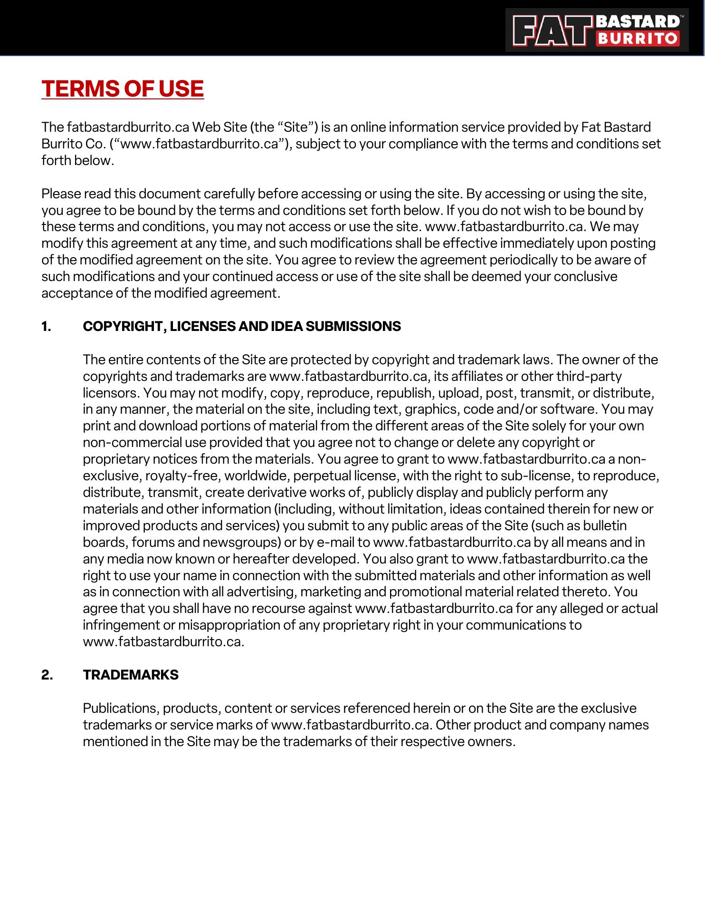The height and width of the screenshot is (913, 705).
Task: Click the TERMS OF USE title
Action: [x=123, y=89]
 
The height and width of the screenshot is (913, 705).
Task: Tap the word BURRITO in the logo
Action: [x=638, y=38]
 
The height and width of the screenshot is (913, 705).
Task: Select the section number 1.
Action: [x=46, y=326]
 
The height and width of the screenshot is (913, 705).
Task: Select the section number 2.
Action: [x=47, y=675]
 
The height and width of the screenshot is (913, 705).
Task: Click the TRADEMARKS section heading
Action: [x=131, y=675]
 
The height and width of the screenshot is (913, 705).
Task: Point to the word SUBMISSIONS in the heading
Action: [x=353, y=326]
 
